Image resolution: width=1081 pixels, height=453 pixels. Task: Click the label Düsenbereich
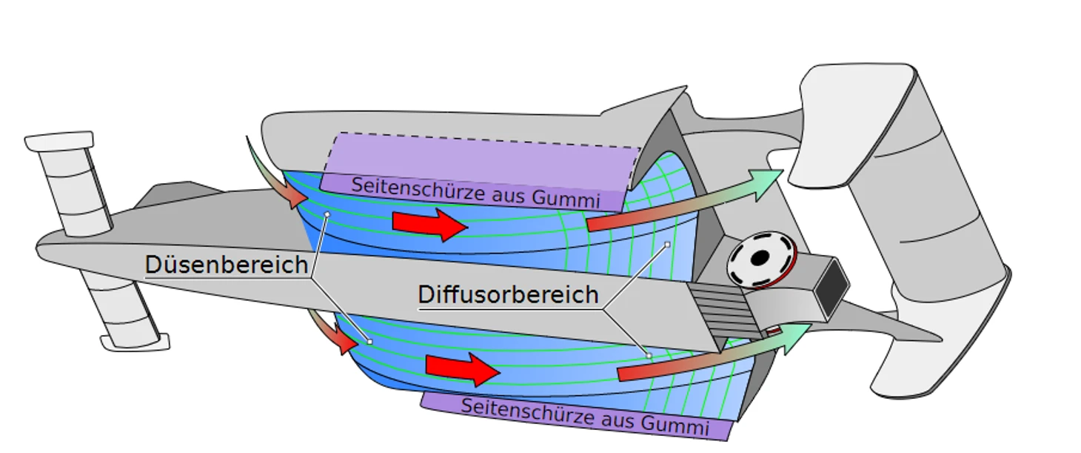tap(227, 265)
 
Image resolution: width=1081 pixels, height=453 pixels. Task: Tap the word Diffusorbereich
tap(508, 294)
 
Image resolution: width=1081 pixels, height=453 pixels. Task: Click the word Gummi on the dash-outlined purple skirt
tap(566, 198)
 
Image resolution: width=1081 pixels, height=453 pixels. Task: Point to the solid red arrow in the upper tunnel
tap(429, 225)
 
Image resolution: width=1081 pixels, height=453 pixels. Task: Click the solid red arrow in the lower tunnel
tap(462, 370)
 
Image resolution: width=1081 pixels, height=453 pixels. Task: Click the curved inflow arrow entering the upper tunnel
tap(275, 174)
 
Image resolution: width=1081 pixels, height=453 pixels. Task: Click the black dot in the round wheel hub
tap(760, 258)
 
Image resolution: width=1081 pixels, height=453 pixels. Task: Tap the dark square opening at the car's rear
tap(832, 286)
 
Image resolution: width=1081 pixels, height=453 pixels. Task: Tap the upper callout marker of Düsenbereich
tap(327, 214)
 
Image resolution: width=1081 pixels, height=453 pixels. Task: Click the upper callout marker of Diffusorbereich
tap(667, 245)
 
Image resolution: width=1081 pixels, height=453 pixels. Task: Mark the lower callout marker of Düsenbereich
tap(370, 342)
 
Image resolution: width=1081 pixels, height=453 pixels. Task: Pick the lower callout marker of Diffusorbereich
tap(649, 356)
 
